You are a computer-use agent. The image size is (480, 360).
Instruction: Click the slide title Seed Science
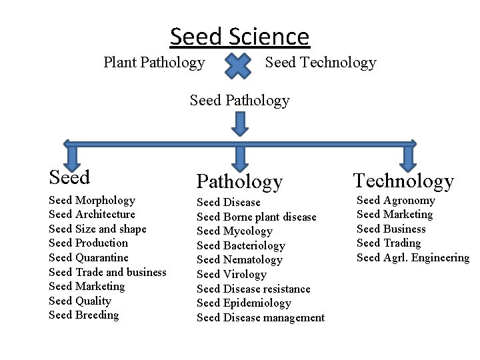tap(240, 36)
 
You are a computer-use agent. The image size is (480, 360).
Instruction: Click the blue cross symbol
tap(238, 65)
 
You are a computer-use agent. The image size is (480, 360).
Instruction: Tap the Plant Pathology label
tap(154, 63)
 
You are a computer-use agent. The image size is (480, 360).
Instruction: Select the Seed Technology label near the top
tap(321, 63)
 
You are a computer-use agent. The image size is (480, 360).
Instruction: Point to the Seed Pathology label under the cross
tap(240, 101)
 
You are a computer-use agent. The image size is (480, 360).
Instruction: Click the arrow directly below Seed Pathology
tap(240, 123)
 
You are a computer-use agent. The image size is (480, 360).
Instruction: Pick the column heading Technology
tap(403, 181)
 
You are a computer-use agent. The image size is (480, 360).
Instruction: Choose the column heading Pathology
tap(239, 181)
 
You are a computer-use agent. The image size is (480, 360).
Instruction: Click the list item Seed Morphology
tap(92, 200)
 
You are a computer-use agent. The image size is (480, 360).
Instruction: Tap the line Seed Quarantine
tap(89, 257)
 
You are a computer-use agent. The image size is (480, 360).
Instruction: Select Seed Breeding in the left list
tap(84, 315)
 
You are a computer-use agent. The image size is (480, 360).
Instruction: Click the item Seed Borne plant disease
tap(257, 217)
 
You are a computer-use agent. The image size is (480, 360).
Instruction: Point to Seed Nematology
tap(239, 260)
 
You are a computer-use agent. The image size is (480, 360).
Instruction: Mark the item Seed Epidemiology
tap(244, 303)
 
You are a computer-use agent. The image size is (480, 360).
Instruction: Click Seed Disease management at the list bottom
tap(261, 318)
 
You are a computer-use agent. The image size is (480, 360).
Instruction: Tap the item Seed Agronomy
tap(396, 200)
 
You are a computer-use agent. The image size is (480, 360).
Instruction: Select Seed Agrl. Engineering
tap(413, 258)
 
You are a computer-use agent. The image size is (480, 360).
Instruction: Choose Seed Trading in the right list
tap(389, 243)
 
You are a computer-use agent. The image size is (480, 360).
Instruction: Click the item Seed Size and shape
tap(97, 229)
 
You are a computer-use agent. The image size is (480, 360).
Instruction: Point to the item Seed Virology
tap(231, 274)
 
